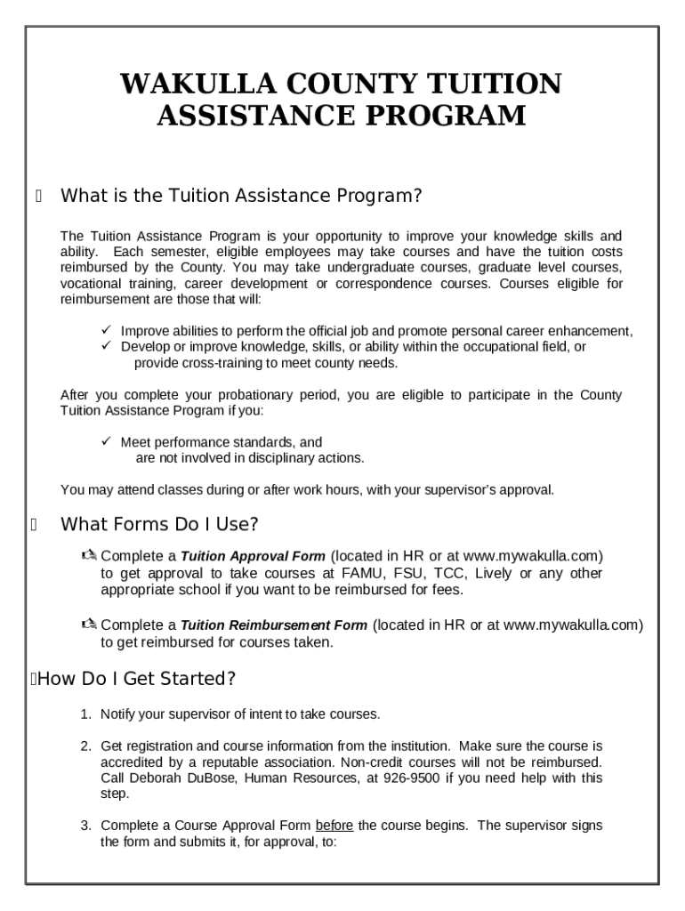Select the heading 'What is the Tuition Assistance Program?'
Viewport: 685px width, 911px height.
tap(240, 196)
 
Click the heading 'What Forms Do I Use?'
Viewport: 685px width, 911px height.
tap(159, 524)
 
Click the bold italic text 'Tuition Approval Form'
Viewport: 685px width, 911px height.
tap(253, 556)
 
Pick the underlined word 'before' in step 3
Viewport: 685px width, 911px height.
tap(334, 826)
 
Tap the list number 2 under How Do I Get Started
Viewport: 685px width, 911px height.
tap(85, 746)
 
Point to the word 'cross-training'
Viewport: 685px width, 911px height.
tap(223, 363)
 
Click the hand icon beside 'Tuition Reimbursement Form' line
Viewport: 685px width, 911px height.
tap(89, 625)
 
